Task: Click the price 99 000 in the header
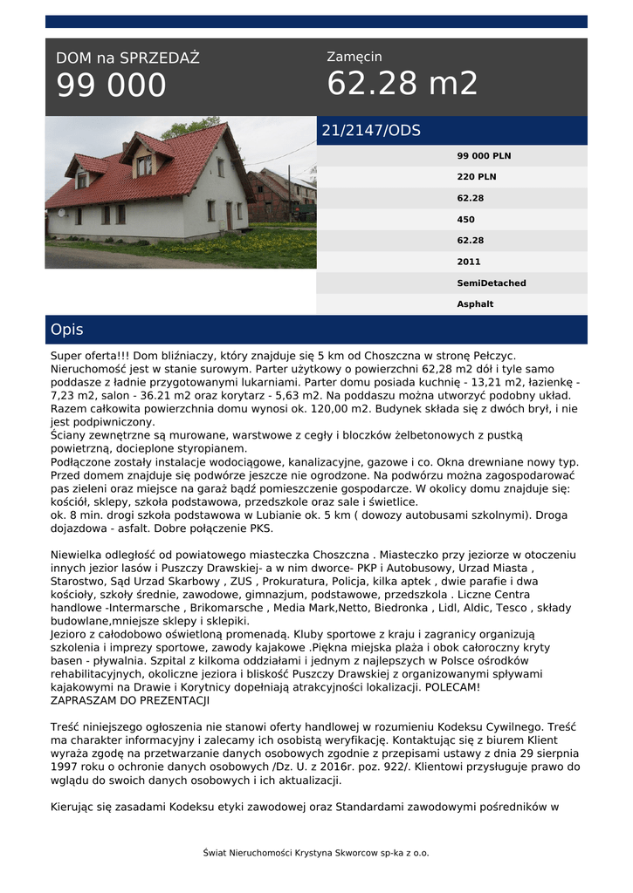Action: point(111,85)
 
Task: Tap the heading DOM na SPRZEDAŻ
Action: point(127,58)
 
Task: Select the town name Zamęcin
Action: point(354,57)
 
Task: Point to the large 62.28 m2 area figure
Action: point(403,84)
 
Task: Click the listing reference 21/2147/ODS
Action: point(371,131)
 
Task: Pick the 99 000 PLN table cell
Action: point(484,156)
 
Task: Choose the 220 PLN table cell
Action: point(476,177)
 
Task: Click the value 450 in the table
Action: point(466,220)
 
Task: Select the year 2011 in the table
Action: point(469,262)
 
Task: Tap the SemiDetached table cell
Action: point(492,283)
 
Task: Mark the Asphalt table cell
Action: point(475,304)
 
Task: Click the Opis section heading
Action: point(67,330)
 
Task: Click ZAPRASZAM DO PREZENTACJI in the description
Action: point(130,700)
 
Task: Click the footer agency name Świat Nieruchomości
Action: point(255,853)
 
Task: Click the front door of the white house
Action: point(229,215)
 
